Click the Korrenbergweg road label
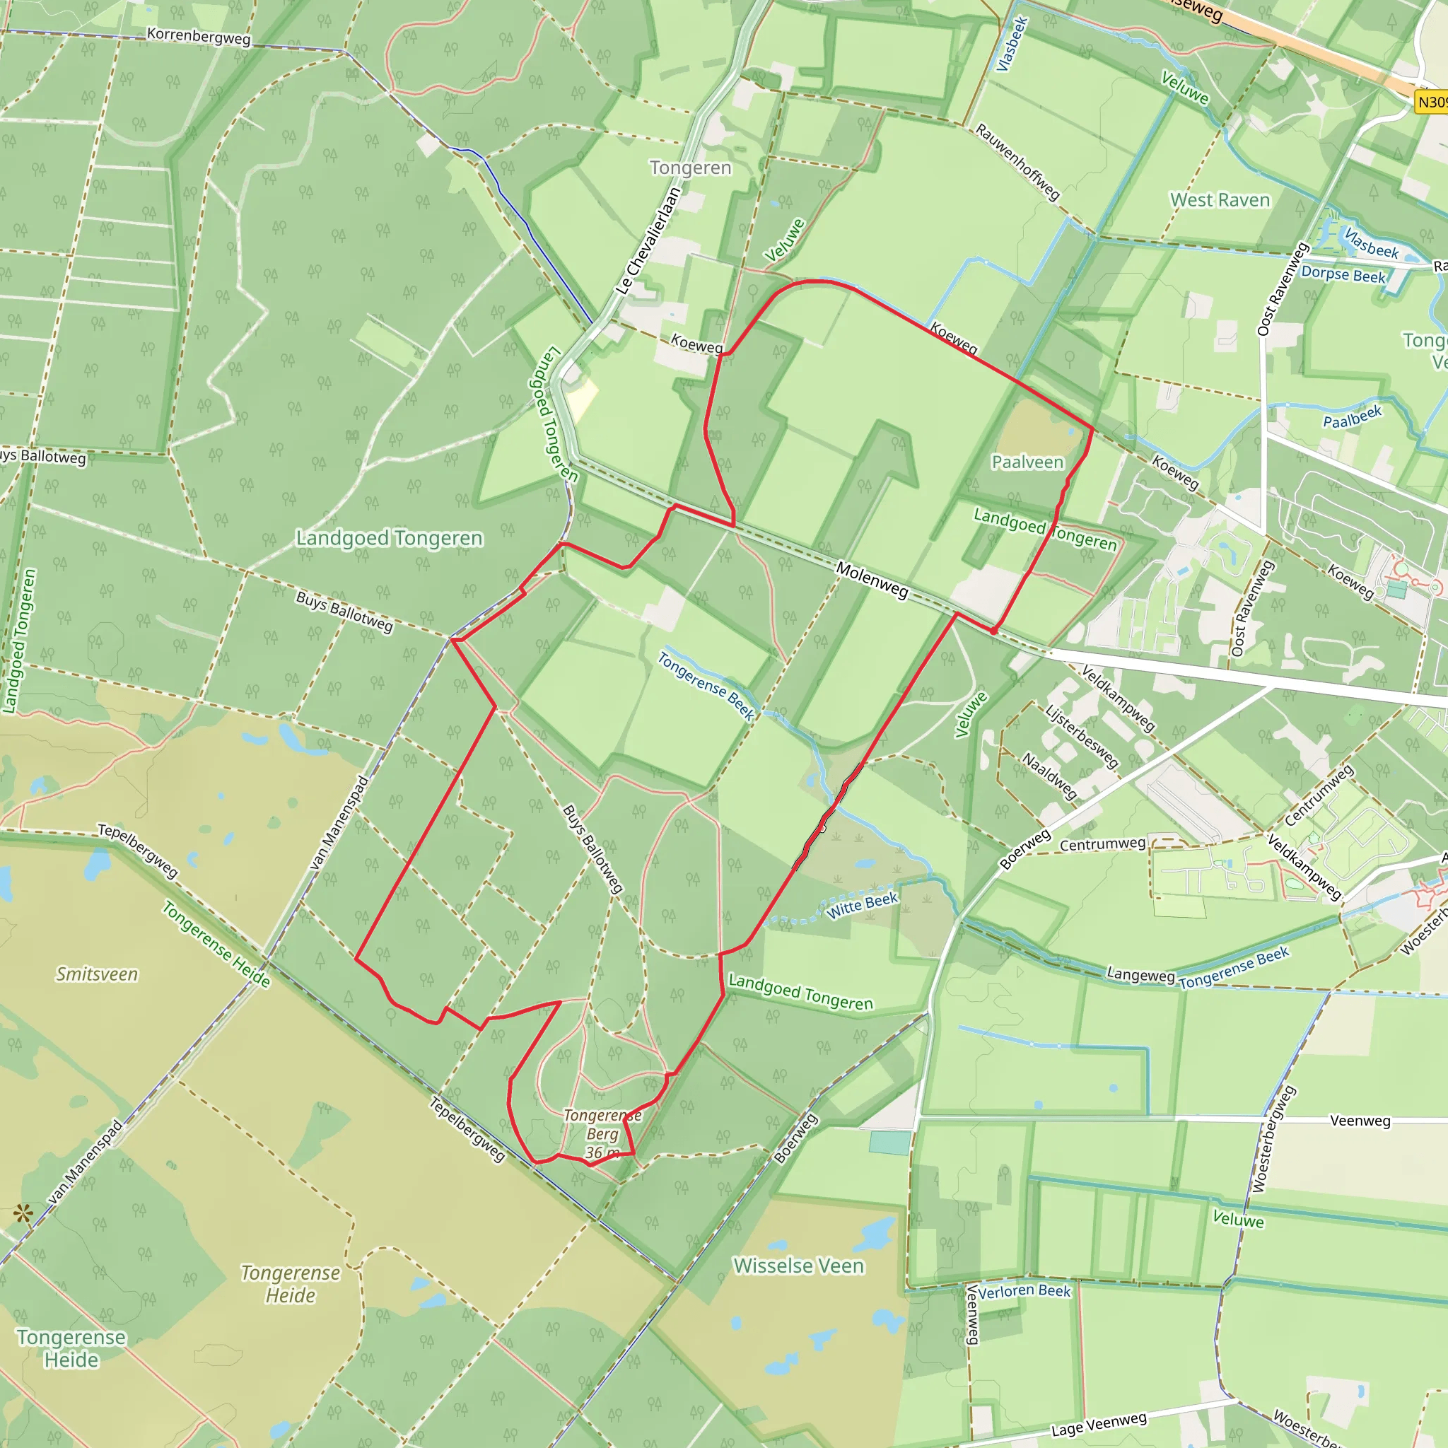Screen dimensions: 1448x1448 (x=199, y=36)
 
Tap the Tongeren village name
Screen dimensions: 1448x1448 (x=690, y=168)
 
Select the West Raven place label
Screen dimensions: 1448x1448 (x=1220, y=200)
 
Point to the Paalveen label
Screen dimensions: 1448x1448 (x=1027, y=462)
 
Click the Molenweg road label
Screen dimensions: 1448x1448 (x=872, y=580)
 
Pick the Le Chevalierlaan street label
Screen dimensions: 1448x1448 (x=648, y=240)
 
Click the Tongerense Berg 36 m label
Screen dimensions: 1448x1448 (x=602, y=1134)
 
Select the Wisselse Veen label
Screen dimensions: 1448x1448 (x=798, y=1266)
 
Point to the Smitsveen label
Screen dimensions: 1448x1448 (x=97, y=974)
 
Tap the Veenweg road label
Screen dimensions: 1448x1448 (x=1360, y=1121)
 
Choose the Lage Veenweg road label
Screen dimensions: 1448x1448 (x=1099, y=1424)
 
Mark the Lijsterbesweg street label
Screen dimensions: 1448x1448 (x=1082, y=737)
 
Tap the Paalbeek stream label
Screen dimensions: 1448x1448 (x=1352, y=416)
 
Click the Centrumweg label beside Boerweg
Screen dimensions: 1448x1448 (x=1102, y=845)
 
